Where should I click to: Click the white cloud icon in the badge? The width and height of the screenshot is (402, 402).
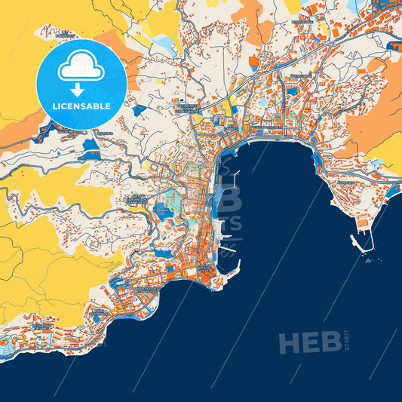(81, 67)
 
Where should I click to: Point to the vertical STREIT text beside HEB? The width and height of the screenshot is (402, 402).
(347, 342)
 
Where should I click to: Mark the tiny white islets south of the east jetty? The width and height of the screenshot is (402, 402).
(369, 261)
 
